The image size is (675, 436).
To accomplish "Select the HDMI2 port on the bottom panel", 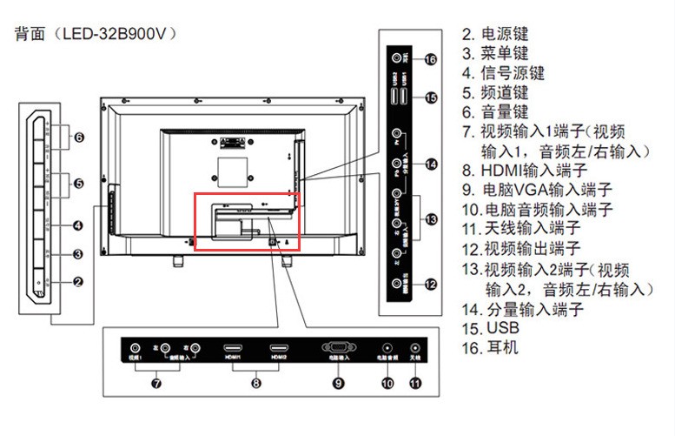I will click(x=278, y=346).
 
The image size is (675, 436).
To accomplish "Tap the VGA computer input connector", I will click(x=337, y=346).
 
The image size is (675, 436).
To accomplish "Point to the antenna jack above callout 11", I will click(x=414, y=346).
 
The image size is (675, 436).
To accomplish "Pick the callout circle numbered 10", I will click(x=387, y=382).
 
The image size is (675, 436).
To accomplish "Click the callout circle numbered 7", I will click(x=156, y=382).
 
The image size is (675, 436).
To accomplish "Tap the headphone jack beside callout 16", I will click(x=398, y=58).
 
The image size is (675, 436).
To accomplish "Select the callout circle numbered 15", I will click(x=431, y=97).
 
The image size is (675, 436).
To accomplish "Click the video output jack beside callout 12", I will click(x=398, y=282).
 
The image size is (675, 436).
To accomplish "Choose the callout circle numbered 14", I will click(x=431, y=164).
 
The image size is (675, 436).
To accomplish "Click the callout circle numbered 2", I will click(x=77, y=281).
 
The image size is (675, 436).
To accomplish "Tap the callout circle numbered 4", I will click(x=77, y=226).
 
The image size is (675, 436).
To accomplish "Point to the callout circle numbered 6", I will click(x=77, y=138).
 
